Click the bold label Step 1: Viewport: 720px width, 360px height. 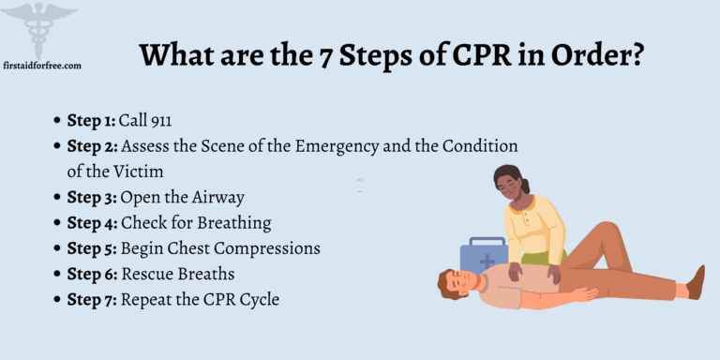point(90,121)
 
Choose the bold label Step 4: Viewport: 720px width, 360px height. point(92,223)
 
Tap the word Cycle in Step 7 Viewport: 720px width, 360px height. point(258,299)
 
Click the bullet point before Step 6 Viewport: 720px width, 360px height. point(57,275)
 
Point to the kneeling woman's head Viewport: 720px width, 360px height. point(511,183)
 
